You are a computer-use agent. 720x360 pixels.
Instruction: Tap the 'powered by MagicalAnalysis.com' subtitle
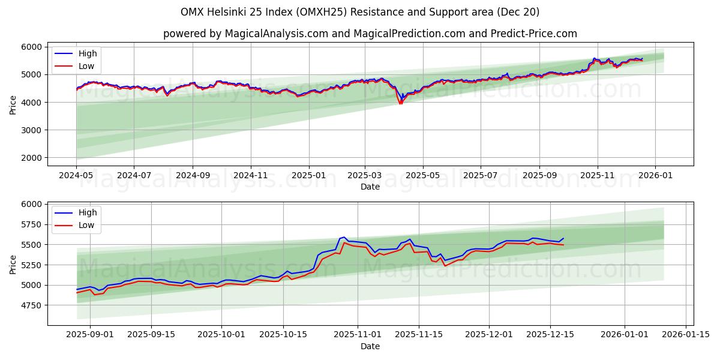tap(370, 34)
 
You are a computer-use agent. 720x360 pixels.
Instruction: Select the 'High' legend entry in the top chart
tap(87, 53)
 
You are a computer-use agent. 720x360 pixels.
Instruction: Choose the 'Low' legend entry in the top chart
tap(86, 66)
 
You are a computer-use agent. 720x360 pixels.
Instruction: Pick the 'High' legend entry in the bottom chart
tap(87, 212)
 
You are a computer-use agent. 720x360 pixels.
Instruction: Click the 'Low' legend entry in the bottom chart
tap(86, 225)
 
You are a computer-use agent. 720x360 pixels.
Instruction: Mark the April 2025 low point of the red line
tap(401, 104)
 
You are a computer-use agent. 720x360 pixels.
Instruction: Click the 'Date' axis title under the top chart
tap(370, 187)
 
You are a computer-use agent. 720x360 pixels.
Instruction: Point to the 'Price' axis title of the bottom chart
tap(13, 264)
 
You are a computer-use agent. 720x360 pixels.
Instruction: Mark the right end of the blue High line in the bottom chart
tap(563, 238)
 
